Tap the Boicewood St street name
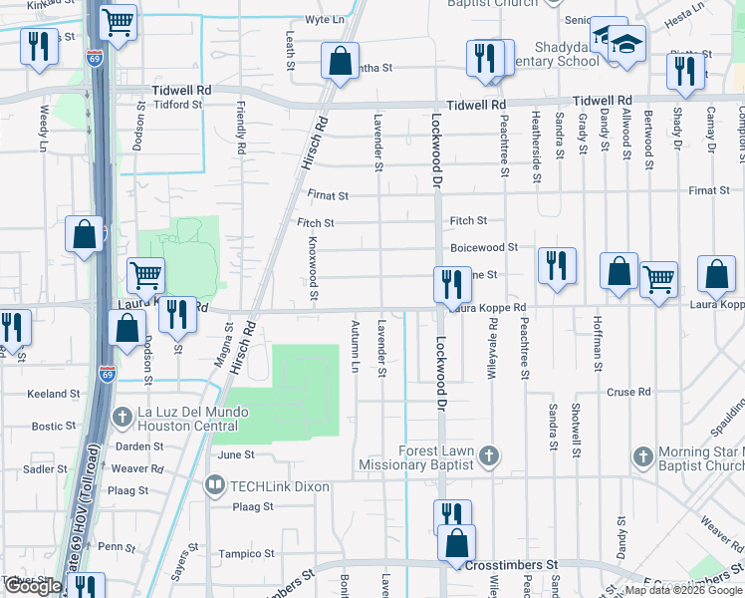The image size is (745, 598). tap(484, 247)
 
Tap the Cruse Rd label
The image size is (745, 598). tap(627, 392)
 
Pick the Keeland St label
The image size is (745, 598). tap(53, 395)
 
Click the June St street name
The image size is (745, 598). tap(236, 454)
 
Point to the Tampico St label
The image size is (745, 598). tap(247, 554)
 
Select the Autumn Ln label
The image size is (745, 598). tap(355, 346)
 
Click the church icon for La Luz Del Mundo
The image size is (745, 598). tap(122, 416)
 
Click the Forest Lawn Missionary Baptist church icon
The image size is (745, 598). tap(488, 456)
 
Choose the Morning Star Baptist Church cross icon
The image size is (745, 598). tap(642, 456)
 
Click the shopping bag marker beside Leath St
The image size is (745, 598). tap(340, 61)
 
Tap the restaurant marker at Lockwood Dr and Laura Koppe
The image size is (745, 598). tap(451, 284)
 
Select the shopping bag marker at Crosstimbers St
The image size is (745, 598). tap(456, 543)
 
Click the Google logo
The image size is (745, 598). tap(33, 586)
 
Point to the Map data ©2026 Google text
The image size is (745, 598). tap(682, 590)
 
